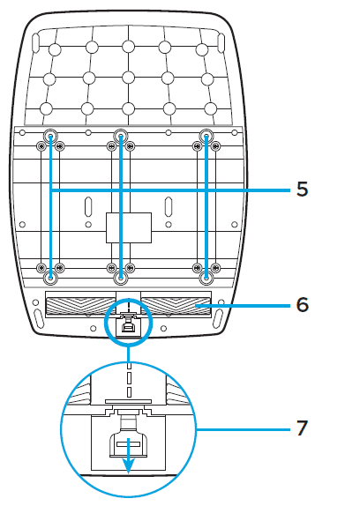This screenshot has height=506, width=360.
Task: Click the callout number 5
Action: (x=303, y=190)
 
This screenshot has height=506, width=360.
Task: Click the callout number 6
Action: (x=303, y=304)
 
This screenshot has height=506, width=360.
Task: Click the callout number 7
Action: (x=303, y=428)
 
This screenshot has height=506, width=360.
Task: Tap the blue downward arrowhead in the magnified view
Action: (x=129, y=467)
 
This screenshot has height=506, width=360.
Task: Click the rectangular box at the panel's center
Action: (x=129, y=227)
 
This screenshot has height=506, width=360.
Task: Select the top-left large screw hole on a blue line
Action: (x=50, y=136)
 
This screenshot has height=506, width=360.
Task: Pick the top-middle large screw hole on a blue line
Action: (x=120, y=136)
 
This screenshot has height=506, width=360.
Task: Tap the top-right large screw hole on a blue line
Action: (x=206, y=136)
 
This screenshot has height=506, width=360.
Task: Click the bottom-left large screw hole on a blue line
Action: (x=50, y=278)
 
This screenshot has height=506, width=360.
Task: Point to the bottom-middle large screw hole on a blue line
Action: (x=120, y=278)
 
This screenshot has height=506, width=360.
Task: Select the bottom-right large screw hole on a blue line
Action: (x=206, y=278)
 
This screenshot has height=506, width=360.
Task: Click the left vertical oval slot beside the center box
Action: (x=88, y=206)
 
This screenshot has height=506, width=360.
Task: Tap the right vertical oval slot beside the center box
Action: (x=169, y=206)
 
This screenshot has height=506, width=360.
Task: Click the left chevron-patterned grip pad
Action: (x=81, y=306)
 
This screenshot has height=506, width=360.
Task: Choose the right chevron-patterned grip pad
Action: (x=176, y=306)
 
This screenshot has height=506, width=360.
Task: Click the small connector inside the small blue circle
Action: (x=129, y=327)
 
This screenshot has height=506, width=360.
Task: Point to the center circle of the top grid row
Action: (x=129, y=47)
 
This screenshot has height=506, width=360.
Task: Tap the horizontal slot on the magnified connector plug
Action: (x=129, y=444)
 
